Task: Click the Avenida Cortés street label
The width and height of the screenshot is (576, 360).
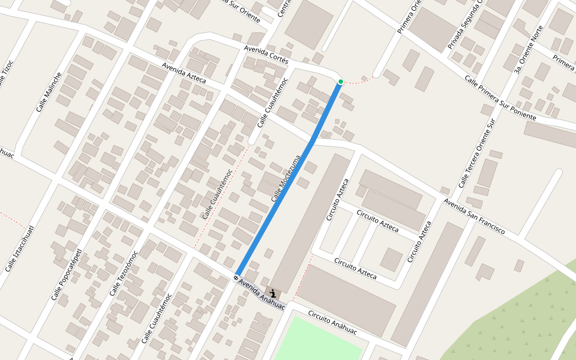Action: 266,55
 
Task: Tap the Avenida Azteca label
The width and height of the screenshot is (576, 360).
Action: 184,73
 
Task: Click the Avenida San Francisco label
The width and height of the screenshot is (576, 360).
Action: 475,217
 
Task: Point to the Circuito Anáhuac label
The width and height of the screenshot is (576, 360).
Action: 332,323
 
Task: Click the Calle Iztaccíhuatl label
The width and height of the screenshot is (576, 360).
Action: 20,248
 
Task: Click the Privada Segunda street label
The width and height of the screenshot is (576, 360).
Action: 465,24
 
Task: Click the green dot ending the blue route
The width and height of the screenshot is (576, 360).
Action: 340,82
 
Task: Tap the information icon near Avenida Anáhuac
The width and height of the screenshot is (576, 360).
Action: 273,293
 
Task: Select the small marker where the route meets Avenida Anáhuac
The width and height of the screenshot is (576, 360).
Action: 236,277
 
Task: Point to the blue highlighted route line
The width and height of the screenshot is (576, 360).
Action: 288,180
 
